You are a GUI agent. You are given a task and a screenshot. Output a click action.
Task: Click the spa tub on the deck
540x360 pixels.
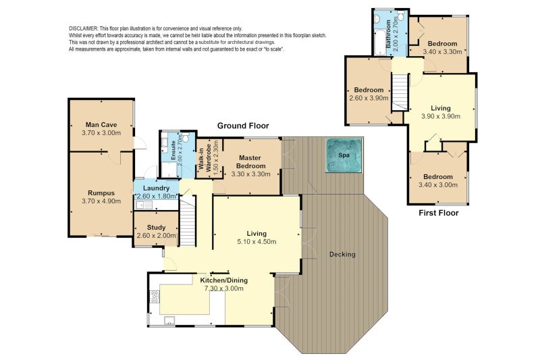point(344,155)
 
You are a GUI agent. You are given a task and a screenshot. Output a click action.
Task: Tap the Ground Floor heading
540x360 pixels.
point(243,126)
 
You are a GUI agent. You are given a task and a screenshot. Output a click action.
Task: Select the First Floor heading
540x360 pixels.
point(438,213)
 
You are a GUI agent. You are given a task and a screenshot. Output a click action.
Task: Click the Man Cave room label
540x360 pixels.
point(101,125)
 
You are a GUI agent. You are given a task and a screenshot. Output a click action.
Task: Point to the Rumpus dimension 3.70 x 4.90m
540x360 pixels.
point(101,201)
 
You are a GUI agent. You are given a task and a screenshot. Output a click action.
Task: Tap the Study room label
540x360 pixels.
point(156,228)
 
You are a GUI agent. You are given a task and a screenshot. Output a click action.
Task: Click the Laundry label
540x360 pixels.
point(156,188)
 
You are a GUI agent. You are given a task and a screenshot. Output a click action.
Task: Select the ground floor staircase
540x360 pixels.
point(188,220)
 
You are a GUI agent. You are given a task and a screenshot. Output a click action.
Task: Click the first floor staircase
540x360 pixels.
point(400,92)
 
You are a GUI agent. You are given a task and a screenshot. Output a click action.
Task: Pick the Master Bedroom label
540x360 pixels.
point(250,161)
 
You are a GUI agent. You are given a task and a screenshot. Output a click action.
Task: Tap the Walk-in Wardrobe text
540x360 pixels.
point(205,158)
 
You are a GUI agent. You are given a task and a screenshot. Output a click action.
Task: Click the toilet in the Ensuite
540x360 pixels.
point(186,138)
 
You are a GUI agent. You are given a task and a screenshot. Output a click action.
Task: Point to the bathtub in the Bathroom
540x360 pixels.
point(379,42)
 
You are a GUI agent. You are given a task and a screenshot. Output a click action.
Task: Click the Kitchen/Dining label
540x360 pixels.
point(224,280)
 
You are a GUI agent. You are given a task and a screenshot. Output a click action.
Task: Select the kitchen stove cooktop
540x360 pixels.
point(155,297)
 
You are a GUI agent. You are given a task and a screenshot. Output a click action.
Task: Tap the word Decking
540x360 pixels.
point(342,254)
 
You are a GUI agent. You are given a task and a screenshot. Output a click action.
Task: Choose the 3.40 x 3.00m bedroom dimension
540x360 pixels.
point(438,185)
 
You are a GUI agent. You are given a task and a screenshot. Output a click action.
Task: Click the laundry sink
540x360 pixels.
point(144,205)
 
